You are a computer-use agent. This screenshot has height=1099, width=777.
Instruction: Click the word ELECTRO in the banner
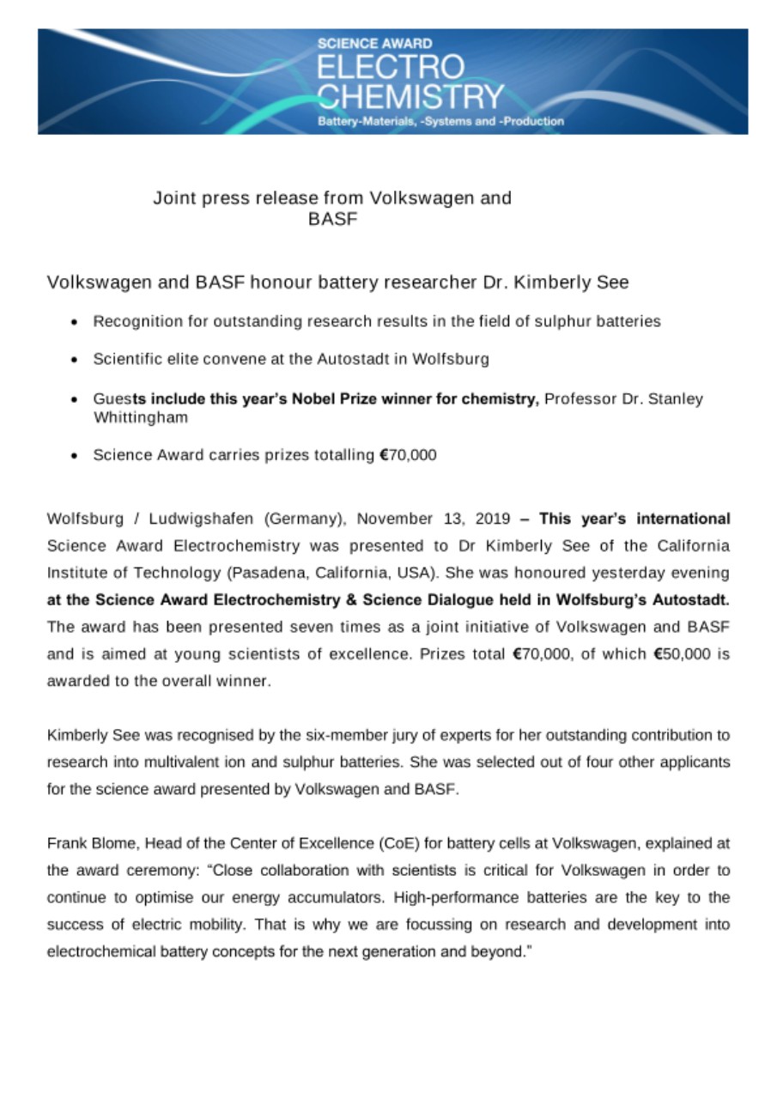point(391,68)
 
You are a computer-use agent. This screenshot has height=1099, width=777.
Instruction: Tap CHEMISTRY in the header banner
point(410,97)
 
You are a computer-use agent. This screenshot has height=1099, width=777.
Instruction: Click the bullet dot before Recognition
point(76,322)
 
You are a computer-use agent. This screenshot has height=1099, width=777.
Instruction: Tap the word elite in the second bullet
point(178,360)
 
